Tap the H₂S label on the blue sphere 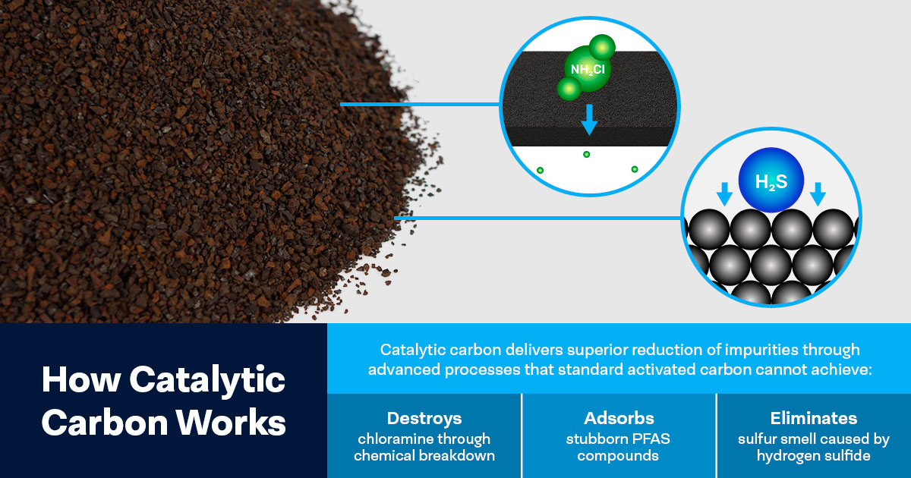click(771, 182)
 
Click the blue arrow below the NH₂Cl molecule click(588, 121)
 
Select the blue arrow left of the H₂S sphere click(725, 195)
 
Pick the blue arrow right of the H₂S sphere click(818, 195)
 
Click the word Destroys click(424, 418)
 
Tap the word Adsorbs click(618, 418)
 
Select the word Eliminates click(813, 418)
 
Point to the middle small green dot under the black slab click(586, 155)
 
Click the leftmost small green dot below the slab click(540, 170)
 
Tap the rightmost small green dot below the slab click(635, 169)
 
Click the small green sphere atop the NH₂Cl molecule click(601, 48)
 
